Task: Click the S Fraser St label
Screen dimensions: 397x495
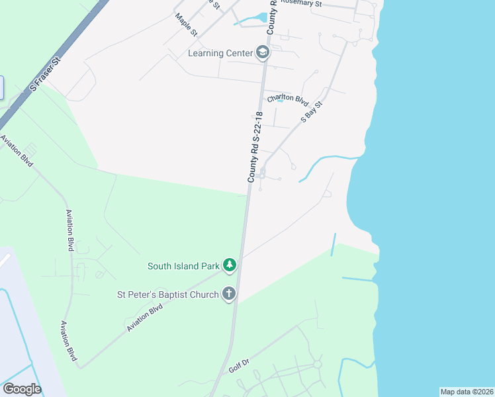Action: [45, 73]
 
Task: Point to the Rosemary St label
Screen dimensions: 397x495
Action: [300, 3]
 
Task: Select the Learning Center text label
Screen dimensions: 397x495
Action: [220, 53]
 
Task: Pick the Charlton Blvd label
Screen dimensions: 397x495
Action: [288, 99]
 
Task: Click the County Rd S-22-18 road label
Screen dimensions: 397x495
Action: [255, 147]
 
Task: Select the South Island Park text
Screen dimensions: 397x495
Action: [183, 266]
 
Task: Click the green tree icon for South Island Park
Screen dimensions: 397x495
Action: [229, 266]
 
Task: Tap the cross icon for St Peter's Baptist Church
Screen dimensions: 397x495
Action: [229, 294]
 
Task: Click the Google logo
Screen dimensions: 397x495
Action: [22, 389]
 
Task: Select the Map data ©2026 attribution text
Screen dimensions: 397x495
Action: [467, 392]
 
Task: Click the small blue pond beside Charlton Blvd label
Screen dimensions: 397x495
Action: [279, 101]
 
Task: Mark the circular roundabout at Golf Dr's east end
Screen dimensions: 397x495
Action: [317, 364]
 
